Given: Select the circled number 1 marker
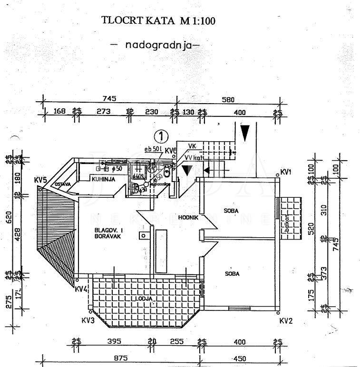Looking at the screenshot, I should [x=162, y=136].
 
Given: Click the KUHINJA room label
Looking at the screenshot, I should [x=102, y=179].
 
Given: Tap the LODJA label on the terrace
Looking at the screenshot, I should [x=144, y=299].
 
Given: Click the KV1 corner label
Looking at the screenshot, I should [x=286, y=172].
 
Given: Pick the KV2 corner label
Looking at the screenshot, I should [x=285, y=321].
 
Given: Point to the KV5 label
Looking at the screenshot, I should [x=40, y=180].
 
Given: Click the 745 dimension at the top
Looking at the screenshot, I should [x=109, y=99].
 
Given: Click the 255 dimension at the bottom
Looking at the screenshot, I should [x=176, y=341].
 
